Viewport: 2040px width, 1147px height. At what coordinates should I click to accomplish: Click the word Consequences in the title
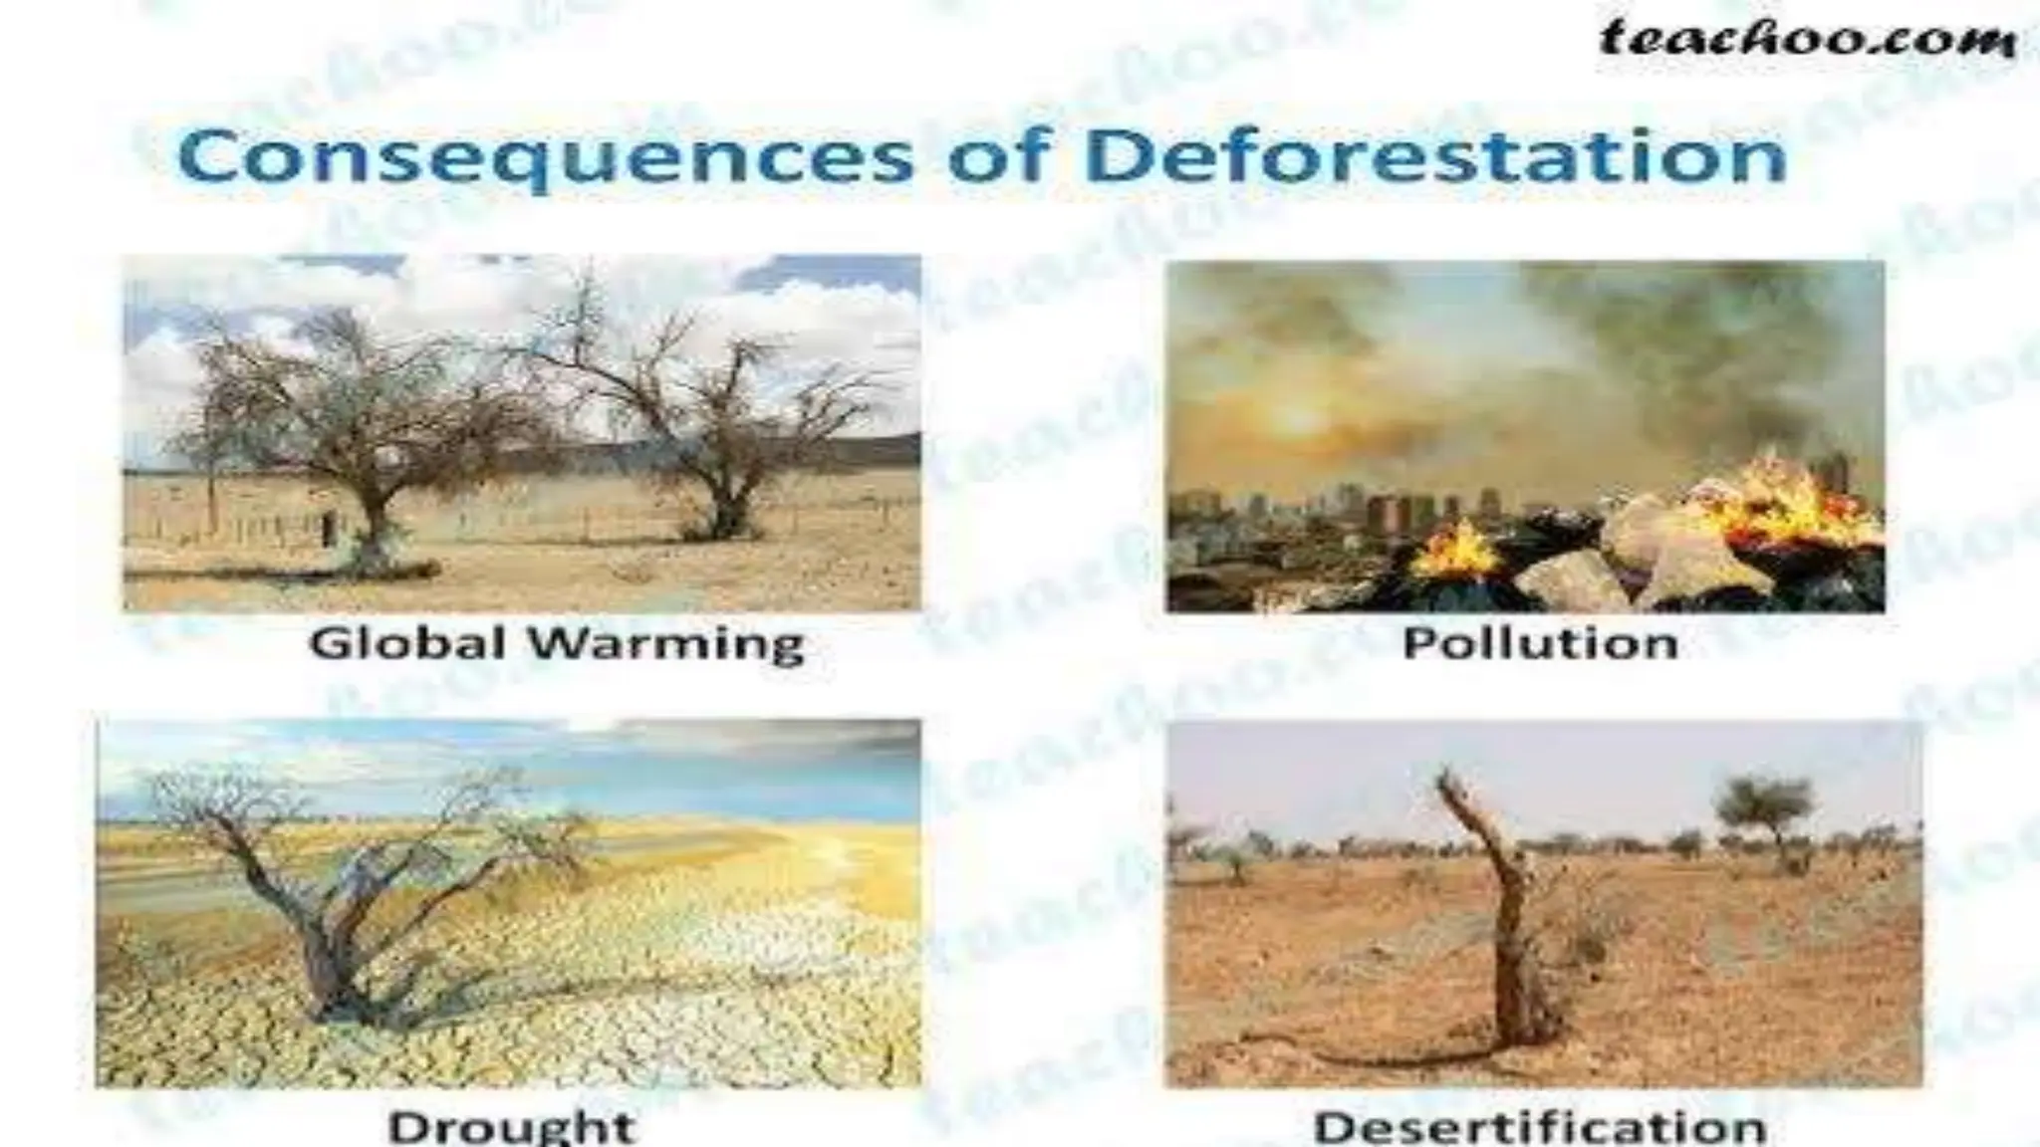pos(544,157)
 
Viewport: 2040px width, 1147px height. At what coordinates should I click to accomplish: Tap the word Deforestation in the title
pos(1435,157)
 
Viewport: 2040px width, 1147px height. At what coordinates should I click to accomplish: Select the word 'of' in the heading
pos(1000,157)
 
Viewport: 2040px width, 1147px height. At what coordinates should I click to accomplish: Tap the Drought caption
pos(510,1127)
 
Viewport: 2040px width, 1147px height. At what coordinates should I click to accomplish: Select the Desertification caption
pos(1540,1127)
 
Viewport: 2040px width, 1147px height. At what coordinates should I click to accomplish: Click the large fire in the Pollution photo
pos(1783,508)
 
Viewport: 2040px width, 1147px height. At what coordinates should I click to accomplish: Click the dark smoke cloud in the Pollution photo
pos(1693,339)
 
